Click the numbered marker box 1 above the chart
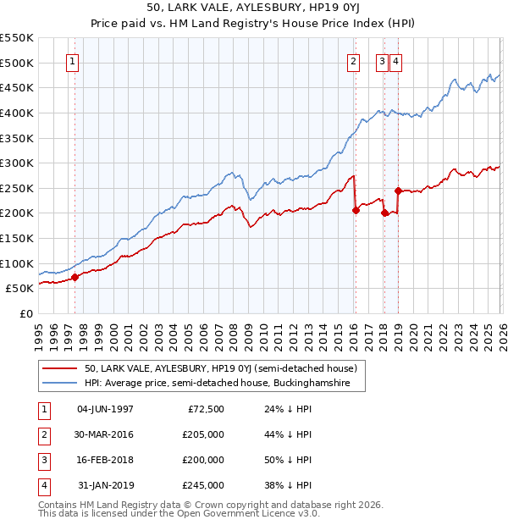pyautogui.click(x=74, y=61)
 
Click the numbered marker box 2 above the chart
pyautogui.click(x=353, y=61)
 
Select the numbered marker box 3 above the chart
pyautogui.click(x=382, y=61)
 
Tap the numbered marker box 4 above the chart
pyautogui.click(x=396, y=61)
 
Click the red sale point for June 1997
pyautogui.click(x=75, y=276)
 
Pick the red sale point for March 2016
pyautogui.click(x=356, y=210)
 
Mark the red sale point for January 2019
pyautogui.click(x=398, y=191)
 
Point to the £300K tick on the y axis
pyautogui.click(x=17, y=163)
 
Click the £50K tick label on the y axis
pyautogui.click(x=19, y=288)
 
